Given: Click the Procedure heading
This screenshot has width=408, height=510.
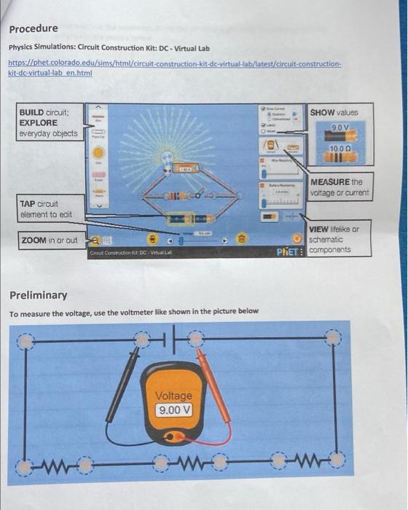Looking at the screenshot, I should point(34,28).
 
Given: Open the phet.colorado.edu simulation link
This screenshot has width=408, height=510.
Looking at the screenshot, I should point(175,69).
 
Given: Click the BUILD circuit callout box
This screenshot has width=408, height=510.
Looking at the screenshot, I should point(48,123).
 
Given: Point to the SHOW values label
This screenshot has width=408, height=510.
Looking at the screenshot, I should point(334,113).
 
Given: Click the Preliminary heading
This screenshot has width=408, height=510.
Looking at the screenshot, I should point(38,295).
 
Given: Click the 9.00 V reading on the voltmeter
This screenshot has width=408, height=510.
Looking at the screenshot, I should point(173,409).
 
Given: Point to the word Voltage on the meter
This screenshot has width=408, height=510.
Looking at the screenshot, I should point(173,396).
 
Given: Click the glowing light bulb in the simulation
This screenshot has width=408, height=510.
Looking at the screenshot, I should point(167,157).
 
